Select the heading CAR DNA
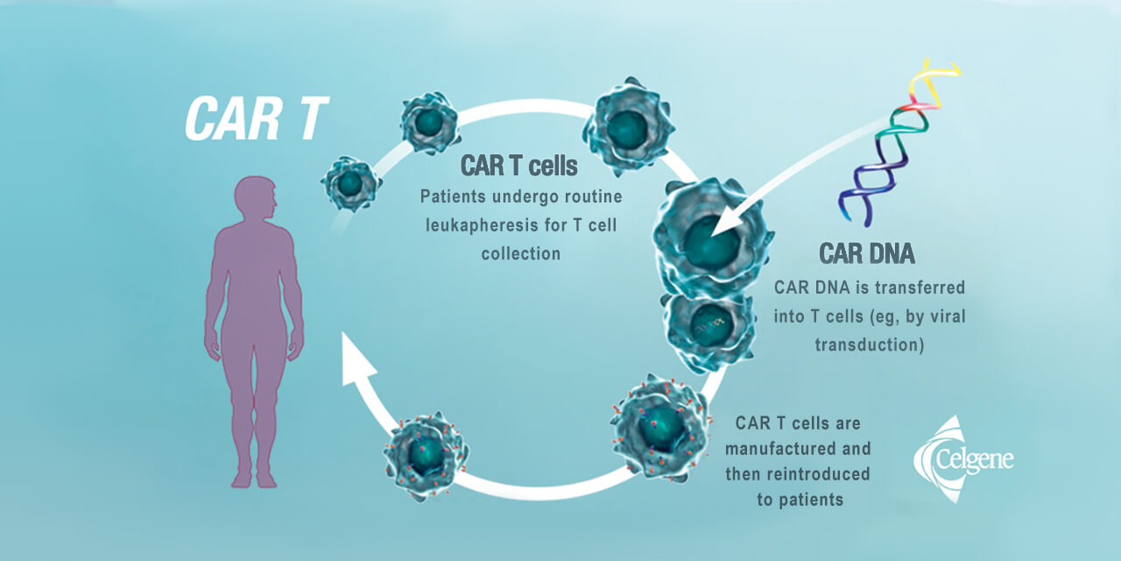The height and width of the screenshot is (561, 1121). [867, 254]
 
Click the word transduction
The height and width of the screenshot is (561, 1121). [869, 344]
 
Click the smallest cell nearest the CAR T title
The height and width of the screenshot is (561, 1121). [350, 183]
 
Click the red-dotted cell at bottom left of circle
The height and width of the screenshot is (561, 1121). [427, 455]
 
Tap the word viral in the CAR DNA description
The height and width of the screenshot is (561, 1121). [947, 316]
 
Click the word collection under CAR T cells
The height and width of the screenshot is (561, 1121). [520, 253]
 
